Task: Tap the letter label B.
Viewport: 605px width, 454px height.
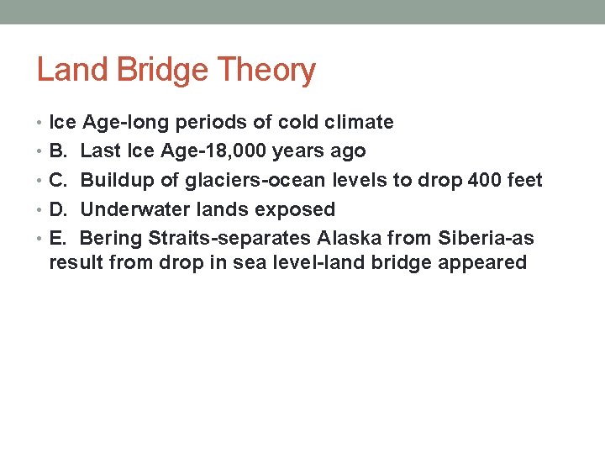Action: click(58, 151)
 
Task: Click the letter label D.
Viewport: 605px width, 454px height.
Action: click(58, 209)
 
